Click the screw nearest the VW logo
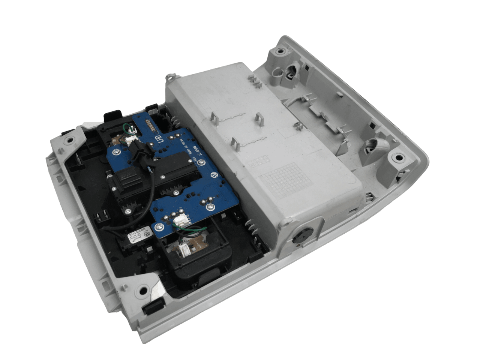[x=202, y=163]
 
